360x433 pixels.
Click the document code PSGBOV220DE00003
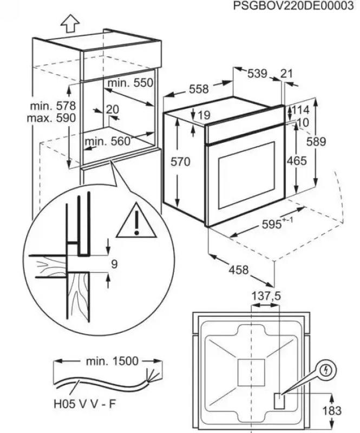pos(297,6)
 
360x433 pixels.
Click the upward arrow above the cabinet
pos(69,23)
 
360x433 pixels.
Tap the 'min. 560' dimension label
pos(108,141)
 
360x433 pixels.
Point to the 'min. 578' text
pos(53,106)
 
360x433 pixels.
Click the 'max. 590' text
pos(53,117)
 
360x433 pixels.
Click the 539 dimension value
pos(257,74)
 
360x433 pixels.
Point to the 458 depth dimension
pos(238,270)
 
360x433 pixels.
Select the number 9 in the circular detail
pos(114,264)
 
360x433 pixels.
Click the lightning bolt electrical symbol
pos(326,371)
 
